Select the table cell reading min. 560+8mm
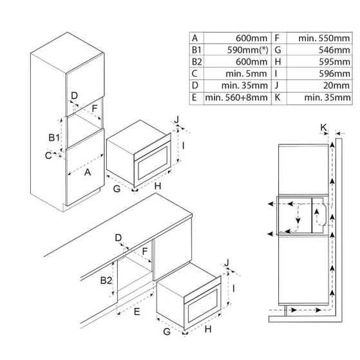pos(235,98)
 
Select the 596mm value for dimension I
pos(336,73)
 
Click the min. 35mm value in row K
pos(327,98)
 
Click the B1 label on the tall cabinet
pos(55,138)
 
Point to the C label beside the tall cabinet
pos(49,155)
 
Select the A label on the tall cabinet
pos(87,172)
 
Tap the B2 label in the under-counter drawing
pos(107,281)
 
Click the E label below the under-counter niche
pos(137,311)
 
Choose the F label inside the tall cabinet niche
pos(95,110)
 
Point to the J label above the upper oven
pos(178,120)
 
